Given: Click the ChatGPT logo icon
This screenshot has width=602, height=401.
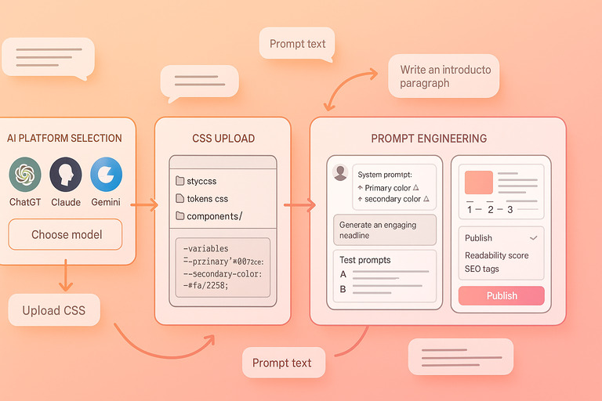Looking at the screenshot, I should (25, 175).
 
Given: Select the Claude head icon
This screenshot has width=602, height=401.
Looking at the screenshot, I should (66, 175).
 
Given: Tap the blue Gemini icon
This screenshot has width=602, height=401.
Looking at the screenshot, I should (106, 175).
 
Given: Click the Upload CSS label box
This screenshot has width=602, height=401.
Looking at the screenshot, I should (53, 310).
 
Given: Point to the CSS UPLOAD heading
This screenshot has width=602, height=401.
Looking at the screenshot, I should (223, 139).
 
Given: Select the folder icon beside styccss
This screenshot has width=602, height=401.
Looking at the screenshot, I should (180, 181).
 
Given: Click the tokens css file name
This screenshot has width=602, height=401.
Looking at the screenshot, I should (207, 199).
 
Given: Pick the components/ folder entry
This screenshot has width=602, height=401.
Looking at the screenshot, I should (214, 216).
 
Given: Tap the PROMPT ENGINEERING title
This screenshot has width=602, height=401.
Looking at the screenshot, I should (428, 139).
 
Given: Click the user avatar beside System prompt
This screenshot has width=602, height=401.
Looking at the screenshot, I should (340, 173).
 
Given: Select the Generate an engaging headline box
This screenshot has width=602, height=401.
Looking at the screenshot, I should (384, 230).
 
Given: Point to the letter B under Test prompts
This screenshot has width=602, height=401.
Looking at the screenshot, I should (343, 289).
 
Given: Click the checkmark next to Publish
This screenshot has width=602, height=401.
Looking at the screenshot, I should (533, 237).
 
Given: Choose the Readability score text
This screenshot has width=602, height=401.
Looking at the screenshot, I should (496, 255).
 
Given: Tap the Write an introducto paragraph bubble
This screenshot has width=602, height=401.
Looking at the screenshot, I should (444, 76).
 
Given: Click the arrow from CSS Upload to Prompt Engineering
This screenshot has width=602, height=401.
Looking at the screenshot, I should (300, 206).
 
